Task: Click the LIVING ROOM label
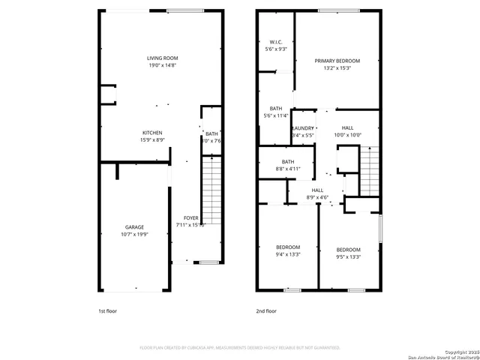tap(162, 58)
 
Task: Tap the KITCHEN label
tap(152, 133)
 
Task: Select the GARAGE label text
tap(134, 226)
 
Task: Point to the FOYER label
tap(191, 217)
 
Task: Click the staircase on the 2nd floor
tap(370, 170)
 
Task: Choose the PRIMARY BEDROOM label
tap(337, 61)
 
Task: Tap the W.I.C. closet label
tap(275, 42)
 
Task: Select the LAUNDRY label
tap(303, 128)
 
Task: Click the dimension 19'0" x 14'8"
tap(162, 65)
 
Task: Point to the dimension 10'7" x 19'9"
tap(134, 234)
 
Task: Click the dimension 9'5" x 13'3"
tap(348, 256)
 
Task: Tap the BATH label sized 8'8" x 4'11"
tap(288, 161)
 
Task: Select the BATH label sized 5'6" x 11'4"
tap(275, 109)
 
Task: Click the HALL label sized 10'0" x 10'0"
tap(347, 128)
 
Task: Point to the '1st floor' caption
tap(107, 310)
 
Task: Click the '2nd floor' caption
tap(266, 310)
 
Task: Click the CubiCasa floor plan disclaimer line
tap(240, 348)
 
